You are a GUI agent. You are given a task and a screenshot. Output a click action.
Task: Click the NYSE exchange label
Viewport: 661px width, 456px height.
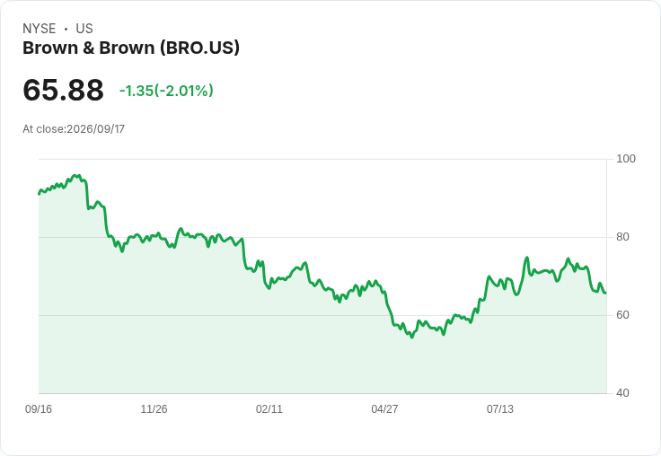point(40,29)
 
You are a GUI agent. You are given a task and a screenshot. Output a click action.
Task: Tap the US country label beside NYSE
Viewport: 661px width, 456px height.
point(84,29)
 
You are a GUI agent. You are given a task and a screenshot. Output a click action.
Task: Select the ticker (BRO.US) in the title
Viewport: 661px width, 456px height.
point(199,48)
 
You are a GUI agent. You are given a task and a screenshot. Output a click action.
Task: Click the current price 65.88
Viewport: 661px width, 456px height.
point(63,90)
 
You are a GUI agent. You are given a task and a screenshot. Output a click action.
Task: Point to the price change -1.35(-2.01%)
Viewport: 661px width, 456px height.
point(166,91)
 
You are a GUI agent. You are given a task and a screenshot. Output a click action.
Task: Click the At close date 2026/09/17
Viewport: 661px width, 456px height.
point(96,129)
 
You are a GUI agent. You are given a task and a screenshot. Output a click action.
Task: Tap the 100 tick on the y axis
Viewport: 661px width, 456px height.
point(626,159)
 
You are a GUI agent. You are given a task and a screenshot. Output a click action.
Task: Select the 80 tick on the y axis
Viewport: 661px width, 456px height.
point(622,237)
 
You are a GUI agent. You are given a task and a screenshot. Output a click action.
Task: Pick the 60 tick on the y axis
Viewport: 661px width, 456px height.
point(622,315)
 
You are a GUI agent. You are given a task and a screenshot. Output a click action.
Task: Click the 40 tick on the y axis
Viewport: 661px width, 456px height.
point(622,393)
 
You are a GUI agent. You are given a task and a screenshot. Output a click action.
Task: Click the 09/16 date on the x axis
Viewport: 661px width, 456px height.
point(39,409)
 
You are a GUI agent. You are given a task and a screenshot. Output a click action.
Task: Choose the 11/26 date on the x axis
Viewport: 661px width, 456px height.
point(154,409)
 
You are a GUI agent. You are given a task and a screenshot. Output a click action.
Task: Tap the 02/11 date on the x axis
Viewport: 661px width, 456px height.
point(269,409)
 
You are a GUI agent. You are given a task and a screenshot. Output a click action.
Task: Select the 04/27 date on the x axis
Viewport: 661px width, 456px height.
point(384,409)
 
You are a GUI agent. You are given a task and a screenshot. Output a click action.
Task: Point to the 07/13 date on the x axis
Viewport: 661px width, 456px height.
point(500,409)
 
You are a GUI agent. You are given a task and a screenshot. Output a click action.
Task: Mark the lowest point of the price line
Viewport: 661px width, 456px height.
point(412,338)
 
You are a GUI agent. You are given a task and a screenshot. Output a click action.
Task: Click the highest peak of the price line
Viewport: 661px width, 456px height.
point(75,175)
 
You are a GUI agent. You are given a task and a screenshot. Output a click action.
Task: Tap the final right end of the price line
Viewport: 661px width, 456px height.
point(606,293)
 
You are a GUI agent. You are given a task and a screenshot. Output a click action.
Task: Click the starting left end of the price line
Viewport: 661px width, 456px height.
point(40,194)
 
